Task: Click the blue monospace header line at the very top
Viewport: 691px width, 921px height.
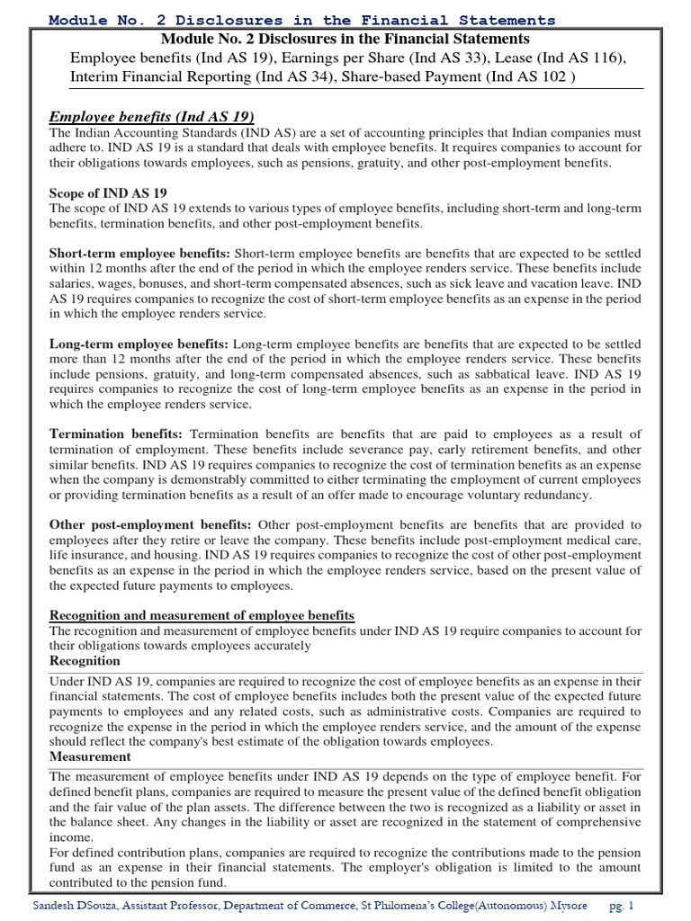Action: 301,20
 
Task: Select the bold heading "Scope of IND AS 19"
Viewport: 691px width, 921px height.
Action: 108,192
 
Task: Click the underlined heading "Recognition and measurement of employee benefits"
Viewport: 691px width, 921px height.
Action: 202,615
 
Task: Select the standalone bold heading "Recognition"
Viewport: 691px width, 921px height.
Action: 85,661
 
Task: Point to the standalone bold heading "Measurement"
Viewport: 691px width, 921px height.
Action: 90,757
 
